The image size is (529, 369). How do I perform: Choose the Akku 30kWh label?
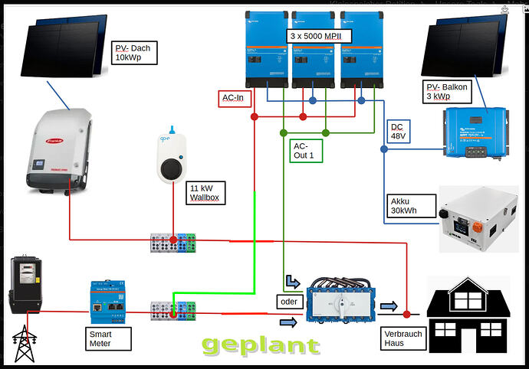click(x=407, y=206)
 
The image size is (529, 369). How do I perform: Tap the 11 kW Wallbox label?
click(x=205, y=192)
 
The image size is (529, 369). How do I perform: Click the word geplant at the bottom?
click(x=261, y=345)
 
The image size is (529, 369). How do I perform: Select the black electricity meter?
click(x=25, y=285)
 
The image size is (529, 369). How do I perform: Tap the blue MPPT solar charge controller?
click(x=485, y=132)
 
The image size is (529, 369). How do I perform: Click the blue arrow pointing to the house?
click(x=389, y=307)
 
